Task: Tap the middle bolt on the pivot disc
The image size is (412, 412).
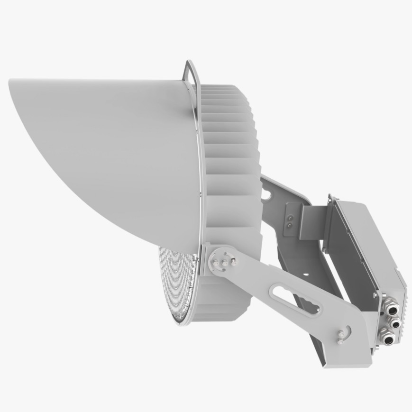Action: click(x=225, y=262)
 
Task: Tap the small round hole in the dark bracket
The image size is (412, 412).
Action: click(x=306, y=274)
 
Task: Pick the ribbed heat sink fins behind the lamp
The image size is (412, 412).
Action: click(x=232, y=156)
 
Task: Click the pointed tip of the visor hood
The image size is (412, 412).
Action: click(x=10, y=82)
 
